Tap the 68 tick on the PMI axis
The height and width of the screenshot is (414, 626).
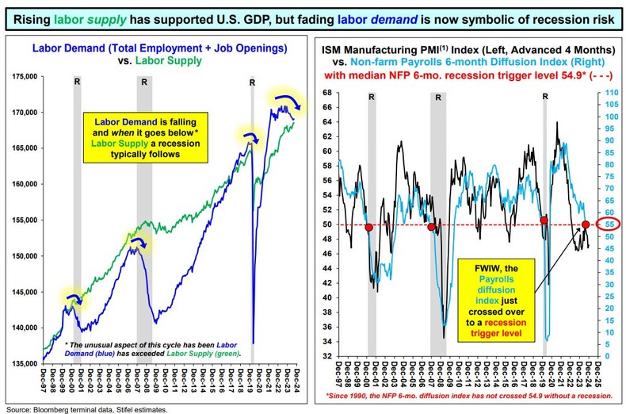click(x=327, y=93)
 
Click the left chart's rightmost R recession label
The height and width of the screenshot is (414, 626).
click(x=252, y=81)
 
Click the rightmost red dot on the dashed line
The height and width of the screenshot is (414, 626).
click(x=586, y=224)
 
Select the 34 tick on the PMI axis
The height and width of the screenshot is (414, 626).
click(x=327, y=343)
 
